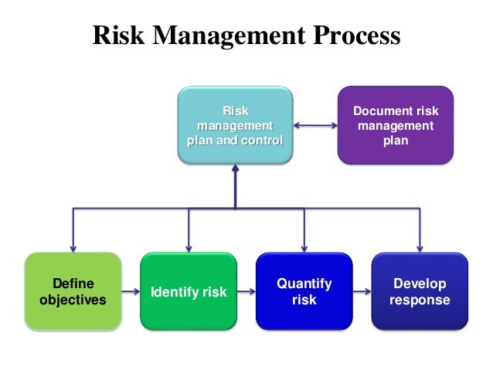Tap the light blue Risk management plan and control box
[235, 125]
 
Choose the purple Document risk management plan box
[395, 125]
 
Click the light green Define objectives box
[73, 291]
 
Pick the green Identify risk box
[189, 291]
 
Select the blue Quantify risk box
[304, 291]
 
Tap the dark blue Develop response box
[420, 291]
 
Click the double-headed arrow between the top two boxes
[315, 126]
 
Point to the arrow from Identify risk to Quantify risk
[246, 292]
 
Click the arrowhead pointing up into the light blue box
[235, 171]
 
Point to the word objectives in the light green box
[73, 300]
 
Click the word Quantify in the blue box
[304, 283]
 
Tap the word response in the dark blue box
[420, 300]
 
